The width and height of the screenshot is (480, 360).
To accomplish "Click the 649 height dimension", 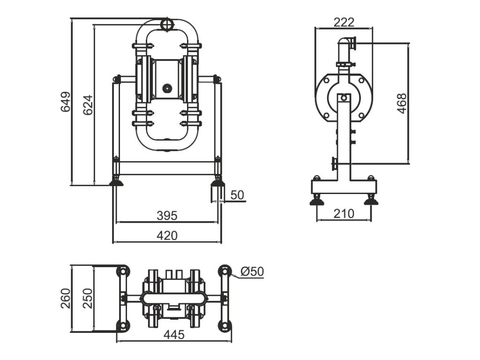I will [x=66, y=102].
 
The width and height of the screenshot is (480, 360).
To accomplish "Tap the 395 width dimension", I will [x=167, y=215].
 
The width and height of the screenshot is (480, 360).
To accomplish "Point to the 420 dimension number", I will [x=167, y=236].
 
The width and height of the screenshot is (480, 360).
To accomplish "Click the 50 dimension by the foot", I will [x=238, y=195].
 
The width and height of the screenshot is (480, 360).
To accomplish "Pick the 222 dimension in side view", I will [x=344, y=22].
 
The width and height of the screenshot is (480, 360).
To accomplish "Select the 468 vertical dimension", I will [x=402, y=104].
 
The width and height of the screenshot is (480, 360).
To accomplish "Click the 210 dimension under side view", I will [x=344, y=214].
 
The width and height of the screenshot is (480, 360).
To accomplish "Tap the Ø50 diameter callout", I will [x=252, y=271].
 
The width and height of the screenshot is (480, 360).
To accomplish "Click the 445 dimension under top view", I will [x=174, y=335].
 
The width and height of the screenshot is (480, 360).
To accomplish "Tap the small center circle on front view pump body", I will [x=166, y=88].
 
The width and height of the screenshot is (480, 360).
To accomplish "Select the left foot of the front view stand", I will [x=116, y=181].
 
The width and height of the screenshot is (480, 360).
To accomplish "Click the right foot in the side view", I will [x=371, y=201].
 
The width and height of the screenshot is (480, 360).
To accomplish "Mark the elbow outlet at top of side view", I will [x=348, y=44].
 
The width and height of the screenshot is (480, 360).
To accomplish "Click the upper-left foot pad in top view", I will [x=122, y=271].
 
